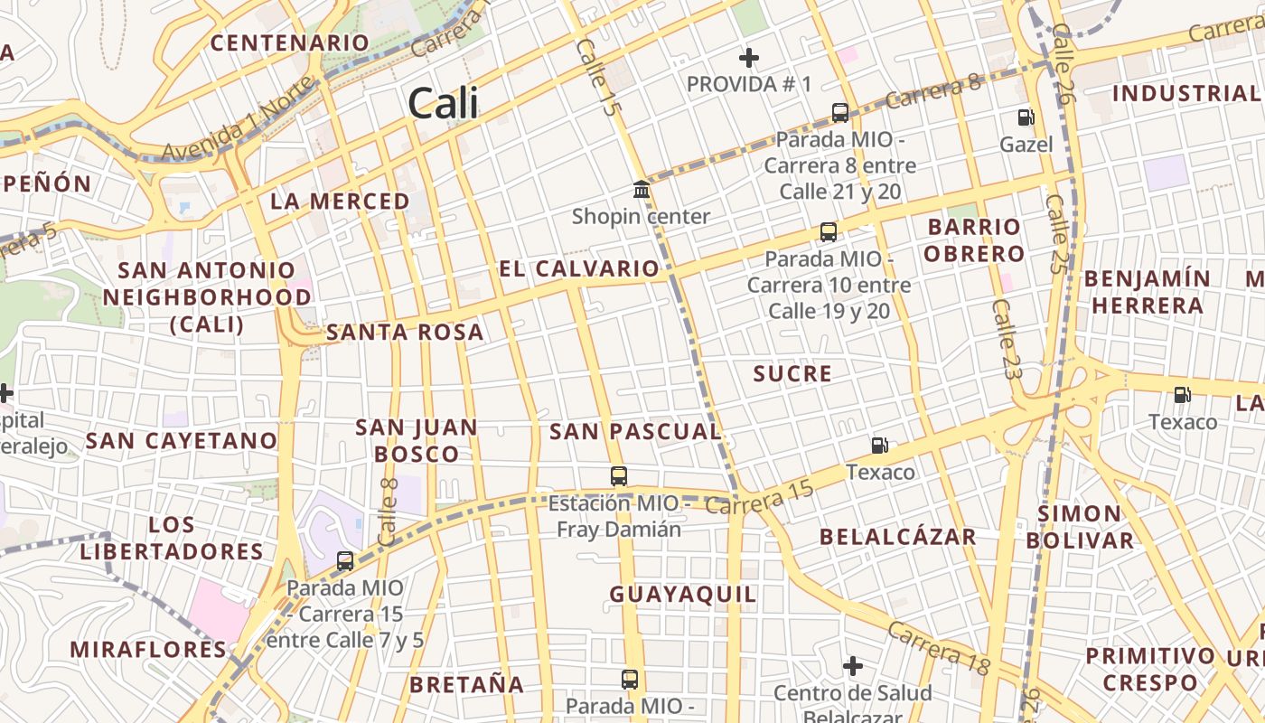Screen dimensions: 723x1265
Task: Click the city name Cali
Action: click(443, 104)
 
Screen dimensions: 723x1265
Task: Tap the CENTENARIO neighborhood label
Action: click(290, 42)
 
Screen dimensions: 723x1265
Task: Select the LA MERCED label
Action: click(340, 202)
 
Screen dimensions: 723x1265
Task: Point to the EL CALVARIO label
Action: click(579, 268)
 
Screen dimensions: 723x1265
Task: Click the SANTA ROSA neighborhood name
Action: click(405, 333)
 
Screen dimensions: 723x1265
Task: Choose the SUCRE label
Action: click(792, 374)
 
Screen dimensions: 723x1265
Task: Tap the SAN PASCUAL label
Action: click(635, 432)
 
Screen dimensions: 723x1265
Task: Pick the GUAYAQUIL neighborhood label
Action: click(683, 595)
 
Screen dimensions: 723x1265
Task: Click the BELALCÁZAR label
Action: click(898, 537)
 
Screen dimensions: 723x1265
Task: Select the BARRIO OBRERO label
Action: click(974, 239)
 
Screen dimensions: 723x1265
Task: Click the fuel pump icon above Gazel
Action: click(1026, 117)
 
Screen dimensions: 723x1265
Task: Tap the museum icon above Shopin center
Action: click(642, 190)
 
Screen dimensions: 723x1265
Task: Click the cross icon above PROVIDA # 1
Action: click(748, 59)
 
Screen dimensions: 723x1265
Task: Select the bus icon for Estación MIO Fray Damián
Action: click(619, 476)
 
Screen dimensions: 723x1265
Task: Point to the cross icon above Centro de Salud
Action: click(852, 667)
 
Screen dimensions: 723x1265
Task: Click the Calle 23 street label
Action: click(1006, 339)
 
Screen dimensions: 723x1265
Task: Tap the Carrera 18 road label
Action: click(938, 647)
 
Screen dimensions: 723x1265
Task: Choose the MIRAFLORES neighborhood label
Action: click(148, 649)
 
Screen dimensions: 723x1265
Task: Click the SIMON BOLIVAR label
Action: click(1079, 527)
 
